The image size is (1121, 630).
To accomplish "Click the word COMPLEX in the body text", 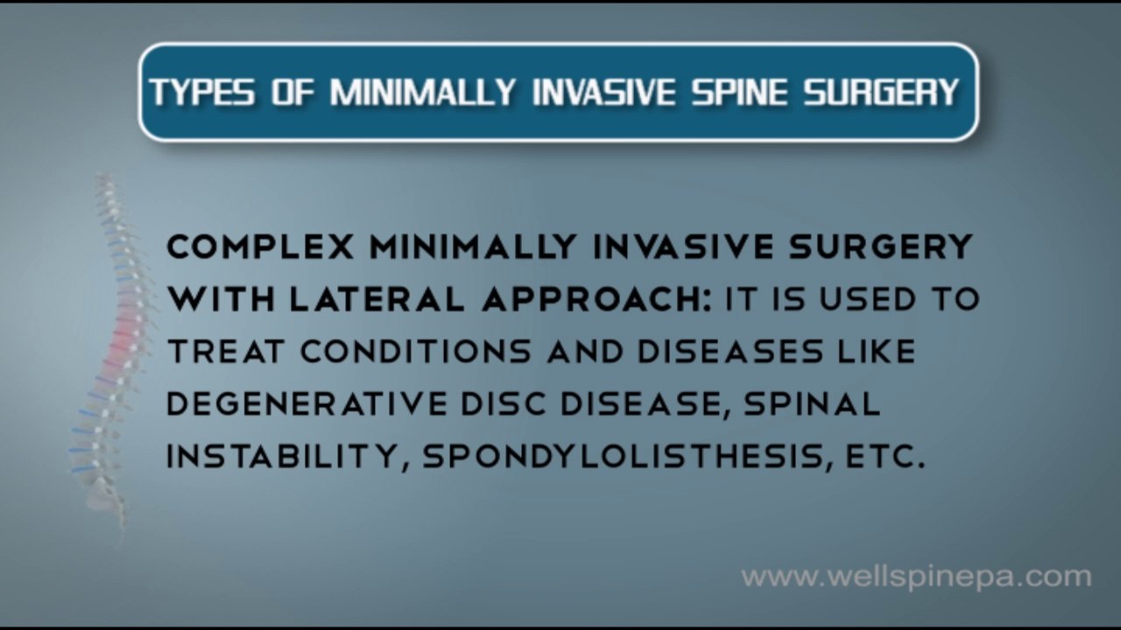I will pos(260,248).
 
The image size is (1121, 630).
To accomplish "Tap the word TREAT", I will pos(225,352).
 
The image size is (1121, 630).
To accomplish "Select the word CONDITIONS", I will pos(416,352).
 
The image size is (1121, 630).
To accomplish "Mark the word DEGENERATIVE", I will pos(306,403).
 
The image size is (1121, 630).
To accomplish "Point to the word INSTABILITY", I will pos(280,456).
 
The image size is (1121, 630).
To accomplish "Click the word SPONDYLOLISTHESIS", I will pos(624,456).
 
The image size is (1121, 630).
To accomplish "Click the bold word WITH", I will pos(221,300).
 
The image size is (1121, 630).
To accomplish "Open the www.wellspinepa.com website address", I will pos(916,577).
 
